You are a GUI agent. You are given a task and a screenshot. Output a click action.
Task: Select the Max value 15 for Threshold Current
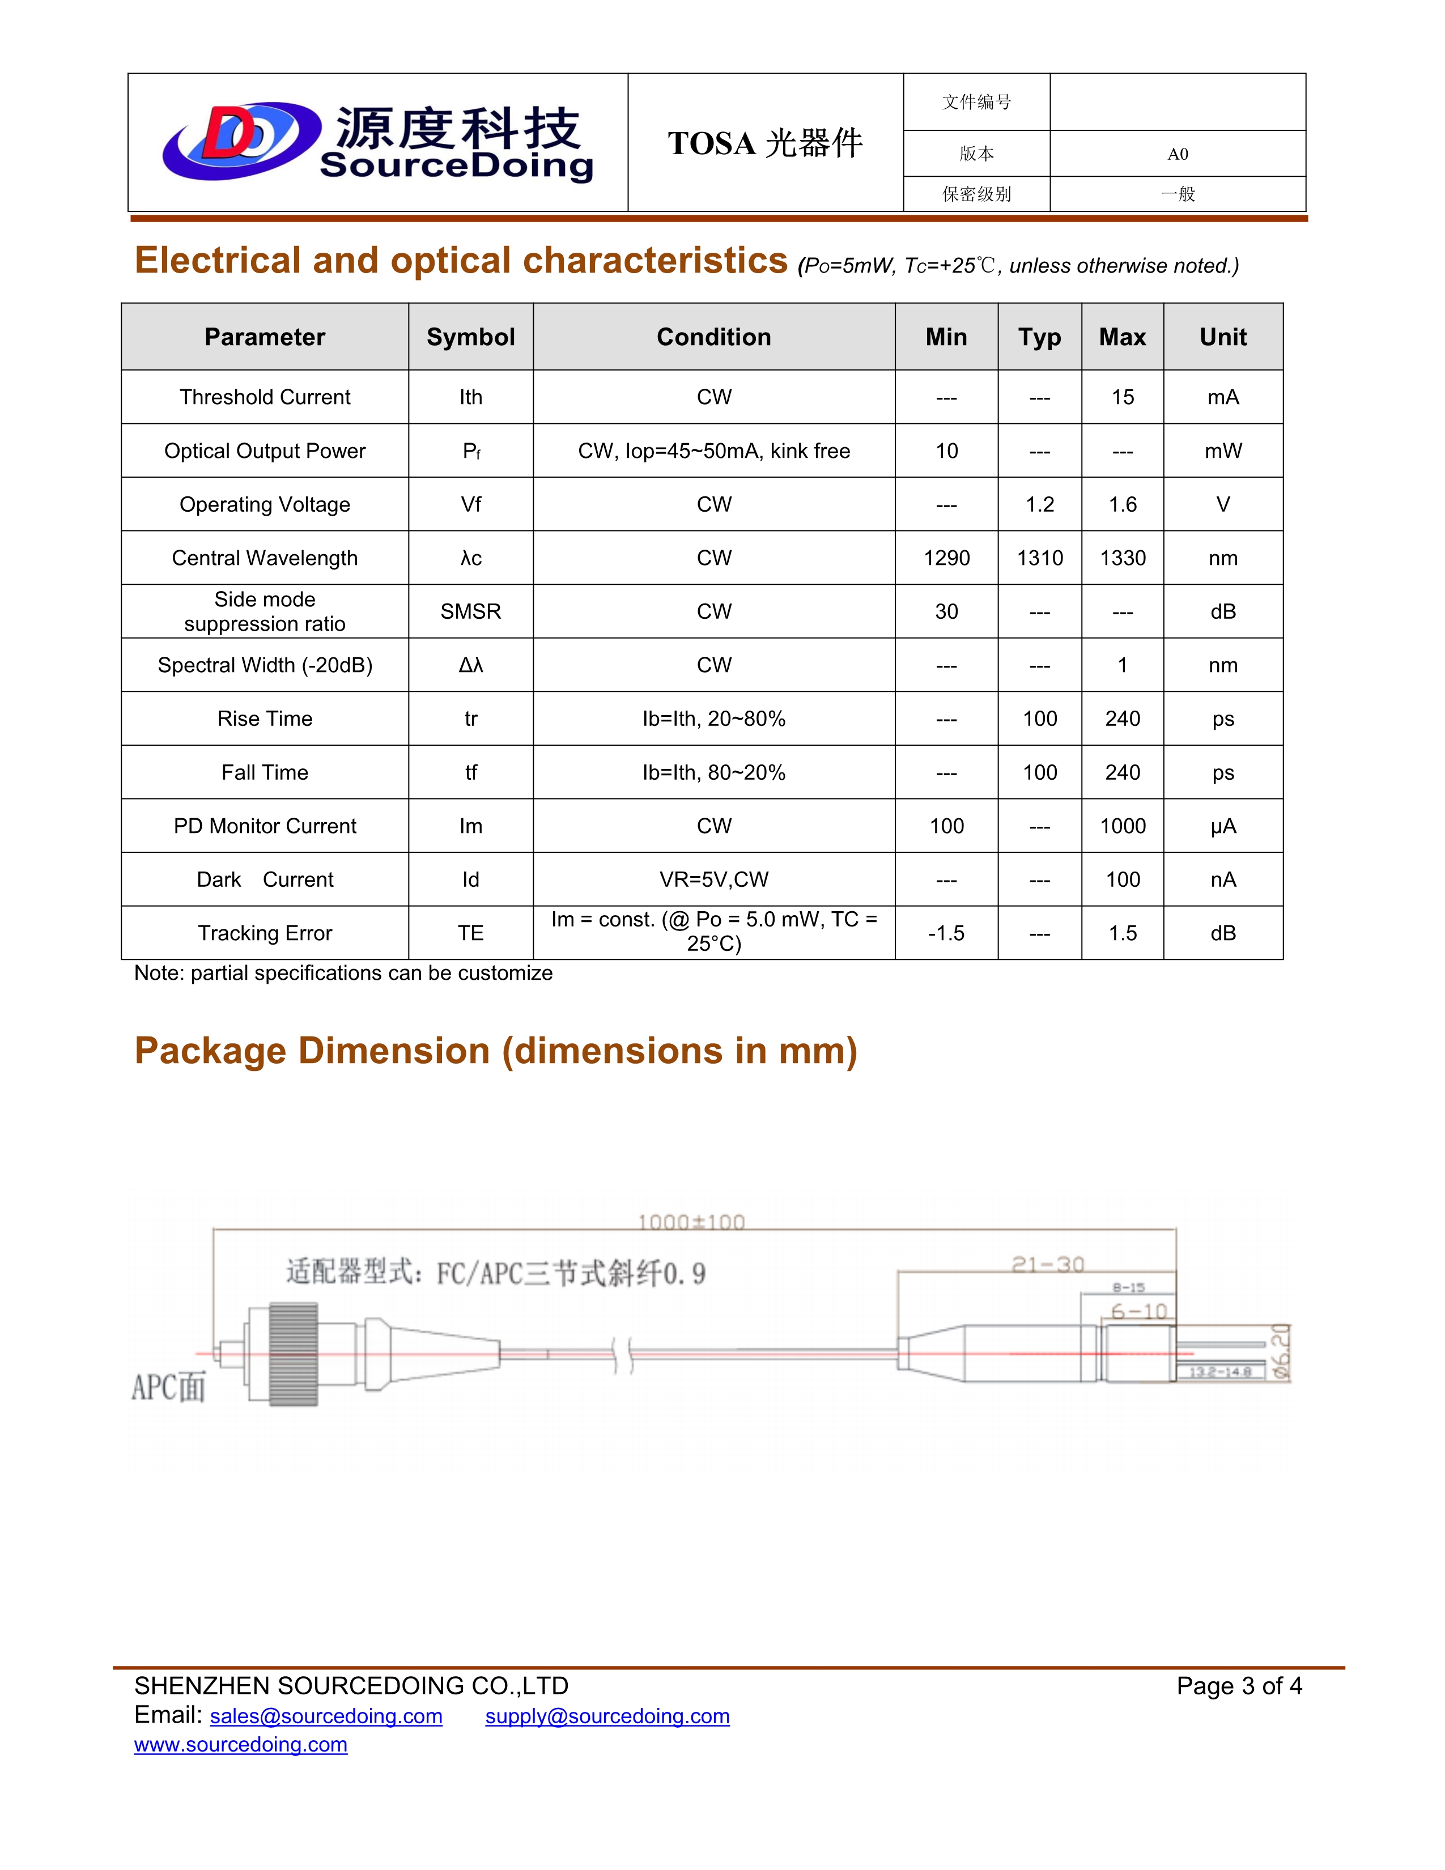(x=1122, y=397)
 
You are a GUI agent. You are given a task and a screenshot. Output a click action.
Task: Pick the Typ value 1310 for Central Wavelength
(x=1039, y=558)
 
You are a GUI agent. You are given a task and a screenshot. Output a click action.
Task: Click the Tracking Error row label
(x=265, y=933)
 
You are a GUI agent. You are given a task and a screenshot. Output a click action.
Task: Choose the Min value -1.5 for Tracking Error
(x=946, y=933)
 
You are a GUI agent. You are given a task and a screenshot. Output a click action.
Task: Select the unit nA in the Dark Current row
(x=1222, y=879)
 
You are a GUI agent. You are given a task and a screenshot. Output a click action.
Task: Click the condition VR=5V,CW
(x=714, y=879)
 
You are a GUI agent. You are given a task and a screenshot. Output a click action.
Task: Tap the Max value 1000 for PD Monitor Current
(x=1122, y=826)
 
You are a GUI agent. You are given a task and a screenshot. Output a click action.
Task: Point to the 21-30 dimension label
(x=1048, y=1265)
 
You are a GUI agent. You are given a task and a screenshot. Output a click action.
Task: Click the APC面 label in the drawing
(x=169, y=1387)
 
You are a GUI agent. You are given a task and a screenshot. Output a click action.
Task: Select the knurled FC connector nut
(x=294, y=1354)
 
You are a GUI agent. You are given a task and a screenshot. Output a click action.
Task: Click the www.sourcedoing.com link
(x=240, y=1745)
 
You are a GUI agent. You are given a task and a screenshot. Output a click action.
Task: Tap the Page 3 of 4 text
(x=1239, y=1686)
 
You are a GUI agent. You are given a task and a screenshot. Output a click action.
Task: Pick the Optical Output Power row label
(x=265, y=451)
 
